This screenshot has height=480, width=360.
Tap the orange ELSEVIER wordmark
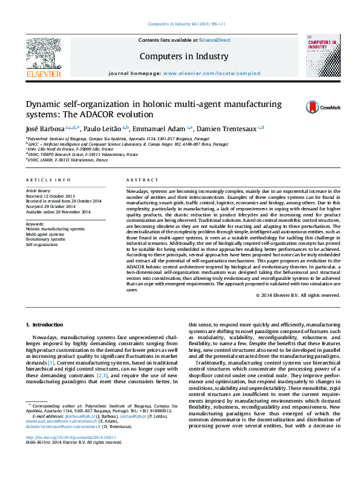(44, 74)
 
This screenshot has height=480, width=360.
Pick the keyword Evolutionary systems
(45, 239)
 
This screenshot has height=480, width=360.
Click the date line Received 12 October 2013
(51, 196)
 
